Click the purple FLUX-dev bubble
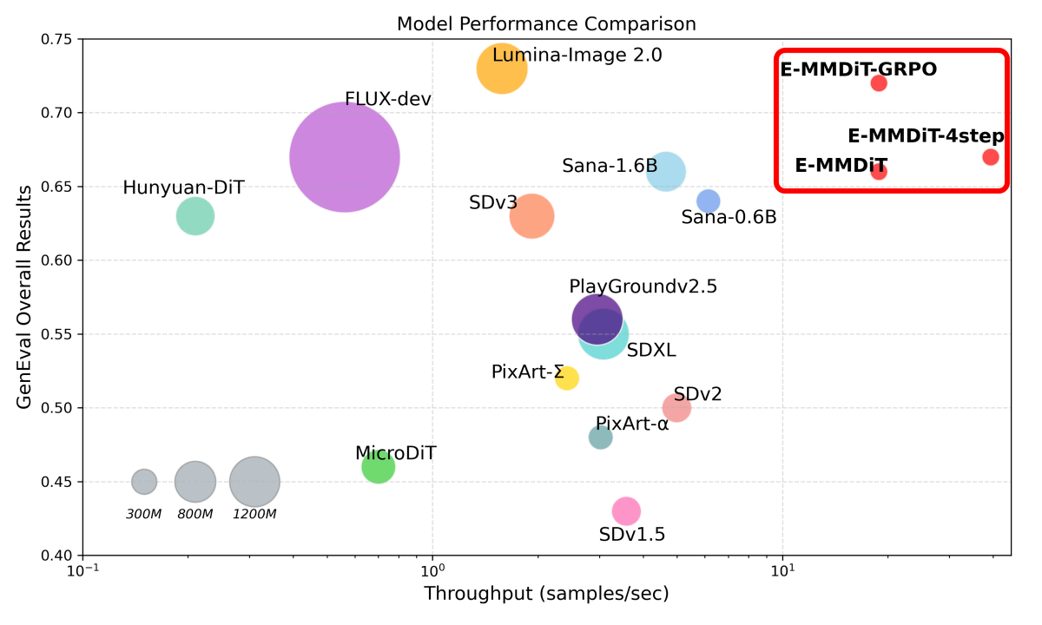[345, 157]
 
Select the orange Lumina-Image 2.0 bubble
[502, 68]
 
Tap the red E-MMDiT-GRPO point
[879, 83]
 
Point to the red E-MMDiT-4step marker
[991, 157]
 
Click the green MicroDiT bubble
[378, 467]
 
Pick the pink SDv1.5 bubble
[626, 511]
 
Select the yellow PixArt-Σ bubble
[567, 378]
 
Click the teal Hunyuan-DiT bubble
[195, 216]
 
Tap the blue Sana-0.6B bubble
[709, 201]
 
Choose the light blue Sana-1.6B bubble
[666, 172]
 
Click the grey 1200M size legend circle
[254, 482]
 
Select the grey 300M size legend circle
[144, 481]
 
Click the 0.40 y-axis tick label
[57, 556]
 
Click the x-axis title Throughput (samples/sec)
[546, 595]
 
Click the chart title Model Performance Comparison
[546, 23]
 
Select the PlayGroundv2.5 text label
[643, 286]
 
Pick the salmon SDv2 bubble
[676, 408]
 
